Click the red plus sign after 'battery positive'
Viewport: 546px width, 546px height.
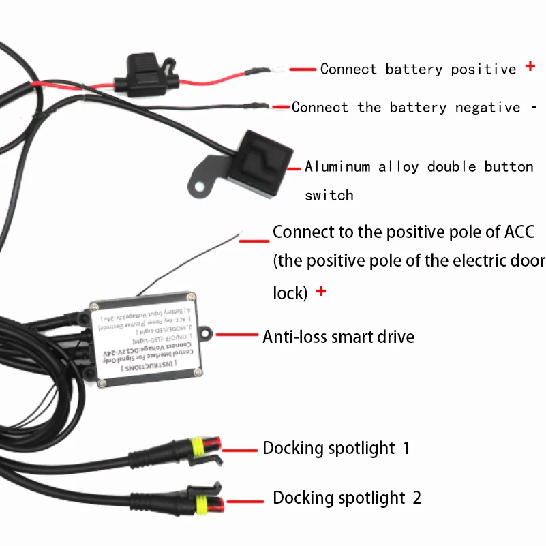point(530,67)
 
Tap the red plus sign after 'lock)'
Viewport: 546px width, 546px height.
point(321,292)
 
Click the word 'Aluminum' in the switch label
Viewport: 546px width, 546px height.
point(337,166)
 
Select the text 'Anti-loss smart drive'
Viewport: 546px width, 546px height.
point(338,336)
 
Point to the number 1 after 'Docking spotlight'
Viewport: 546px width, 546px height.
point(406,449)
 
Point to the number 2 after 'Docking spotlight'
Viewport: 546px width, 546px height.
point(416,498)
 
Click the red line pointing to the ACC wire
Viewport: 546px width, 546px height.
point(254,239)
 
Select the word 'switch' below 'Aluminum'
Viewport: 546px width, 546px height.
point(329,196)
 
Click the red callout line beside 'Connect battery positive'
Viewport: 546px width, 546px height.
point(303,69)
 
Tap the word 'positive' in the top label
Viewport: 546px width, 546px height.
point(483,69)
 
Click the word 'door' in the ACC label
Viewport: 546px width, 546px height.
point(528,260)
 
